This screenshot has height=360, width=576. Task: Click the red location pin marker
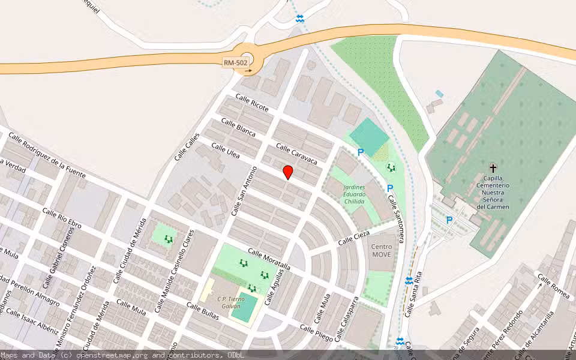click(x=288, y=172)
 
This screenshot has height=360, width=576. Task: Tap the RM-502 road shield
click(x=236, y=62)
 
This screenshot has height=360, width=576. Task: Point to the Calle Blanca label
click(x=238, y=127)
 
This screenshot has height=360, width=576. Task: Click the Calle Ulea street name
click(x=226, y=151)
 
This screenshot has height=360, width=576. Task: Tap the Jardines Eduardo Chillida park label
click(x=354, y=194)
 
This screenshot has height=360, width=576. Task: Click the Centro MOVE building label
click(x=382, y=251)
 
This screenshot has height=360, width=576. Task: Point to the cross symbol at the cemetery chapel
click(x=493, y=168)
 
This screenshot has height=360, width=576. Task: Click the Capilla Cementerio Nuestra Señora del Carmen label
click(x=493, y=192)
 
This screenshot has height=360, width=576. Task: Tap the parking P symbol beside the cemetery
click(x=449, y=220)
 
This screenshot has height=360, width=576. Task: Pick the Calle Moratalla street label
click(x=269, y=259)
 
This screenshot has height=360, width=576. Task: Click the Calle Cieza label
click(x=353, y=237)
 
